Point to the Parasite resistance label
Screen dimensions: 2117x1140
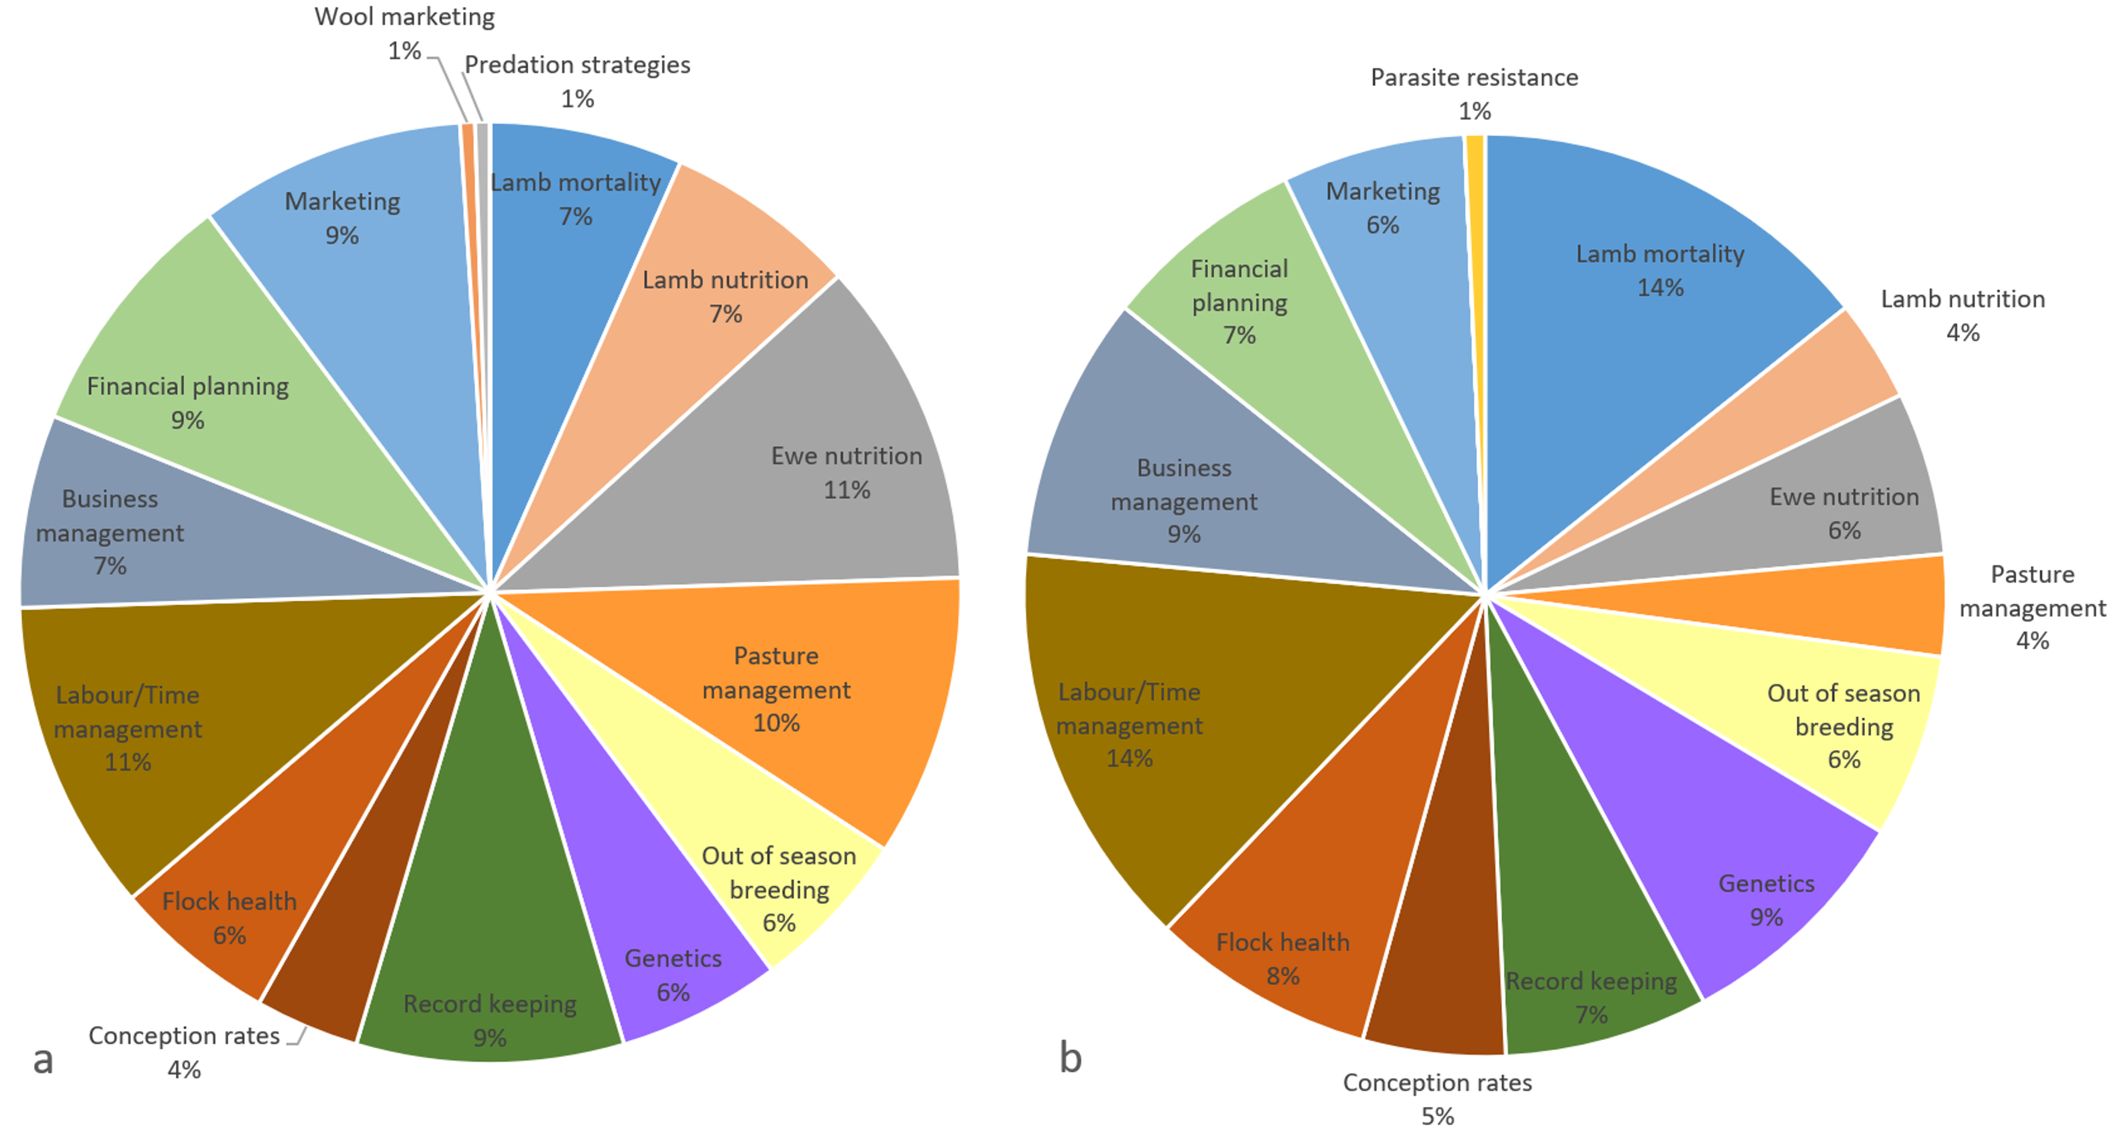pyautogui.click(x=1474, y=94)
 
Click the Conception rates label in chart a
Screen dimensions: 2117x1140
pyautogui.click(x=184, y=1052)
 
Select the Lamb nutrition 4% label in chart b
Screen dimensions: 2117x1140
pyautogui.click(x=1962, y=315)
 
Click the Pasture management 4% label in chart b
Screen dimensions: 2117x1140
pyautogui.click(x=2032, y=607)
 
